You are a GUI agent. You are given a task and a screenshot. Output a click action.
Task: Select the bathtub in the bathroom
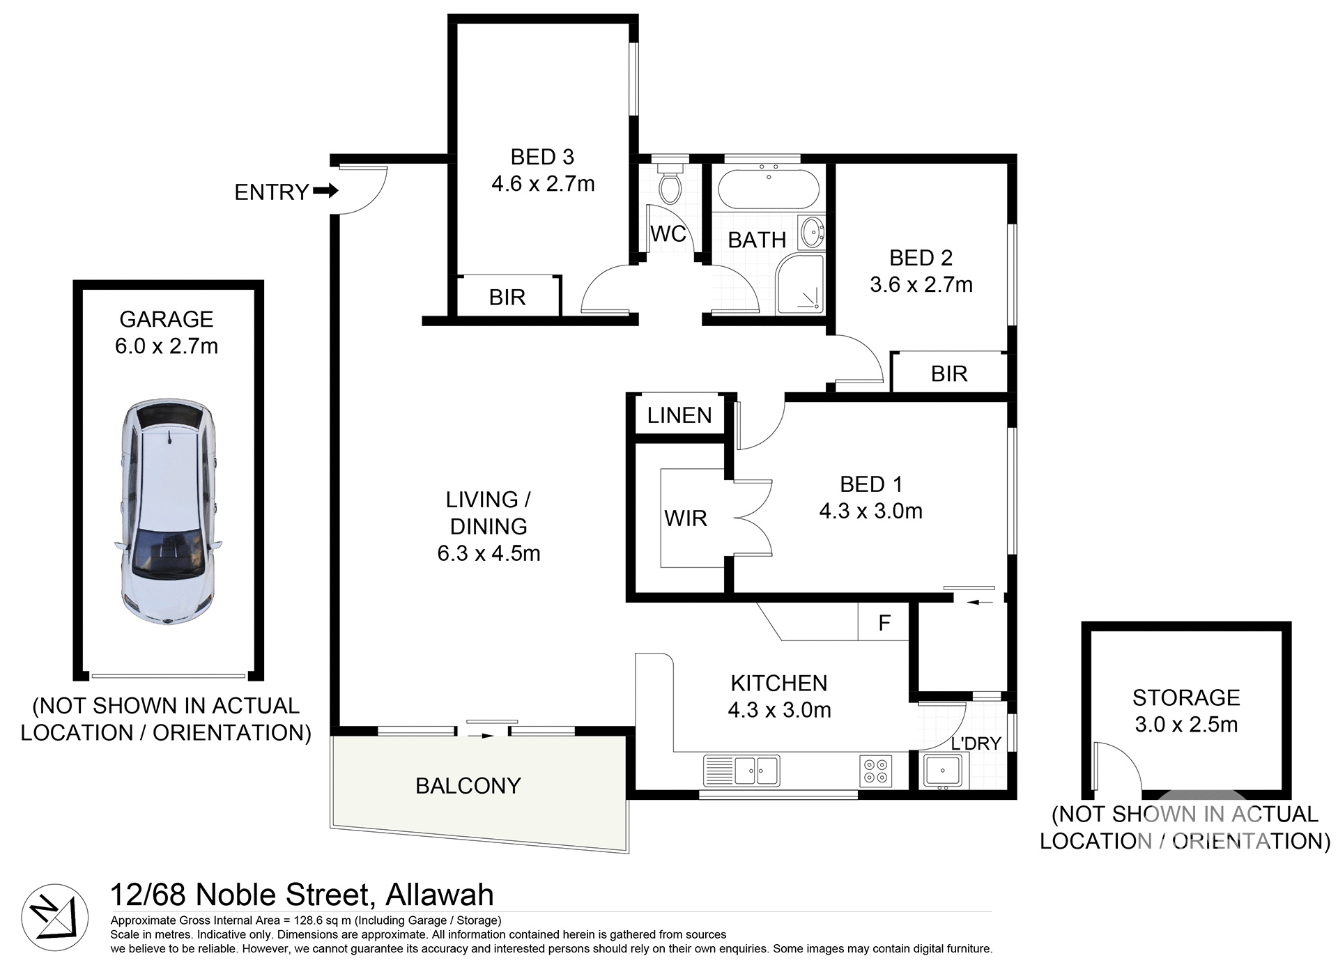[x=767, y=189]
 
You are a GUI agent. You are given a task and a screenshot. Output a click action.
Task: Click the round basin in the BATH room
[x=811, y=232]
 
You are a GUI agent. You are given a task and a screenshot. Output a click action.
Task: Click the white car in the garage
[x=168, y=511]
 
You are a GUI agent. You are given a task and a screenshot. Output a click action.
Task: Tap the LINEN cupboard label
[x=679, y=415]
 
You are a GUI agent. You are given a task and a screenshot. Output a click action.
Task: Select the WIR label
[x=685, y=518]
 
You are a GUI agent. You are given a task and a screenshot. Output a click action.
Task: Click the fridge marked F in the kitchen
[x=884, y=622]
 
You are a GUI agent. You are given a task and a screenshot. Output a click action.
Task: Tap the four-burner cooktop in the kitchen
[x=875, y=771]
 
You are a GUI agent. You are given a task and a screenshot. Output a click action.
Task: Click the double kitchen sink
[x=743, y=771]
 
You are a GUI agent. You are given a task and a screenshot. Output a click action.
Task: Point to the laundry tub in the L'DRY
[x=942, y=771]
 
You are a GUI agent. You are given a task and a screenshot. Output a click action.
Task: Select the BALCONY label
[x=468, y=785]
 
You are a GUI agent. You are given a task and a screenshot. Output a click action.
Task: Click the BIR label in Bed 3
[x=507, y=298]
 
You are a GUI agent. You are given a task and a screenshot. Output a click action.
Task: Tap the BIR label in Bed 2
[x=948, y=374]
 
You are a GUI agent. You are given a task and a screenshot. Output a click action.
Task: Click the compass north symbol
[x=55, y=917]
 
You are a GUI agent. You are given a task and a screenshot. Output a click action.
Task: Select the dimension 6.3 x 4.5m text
[x=489, y=553]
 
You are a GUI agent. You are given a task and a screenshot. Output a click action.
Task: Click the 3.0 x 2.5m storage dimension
[x=1185, y=725]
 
